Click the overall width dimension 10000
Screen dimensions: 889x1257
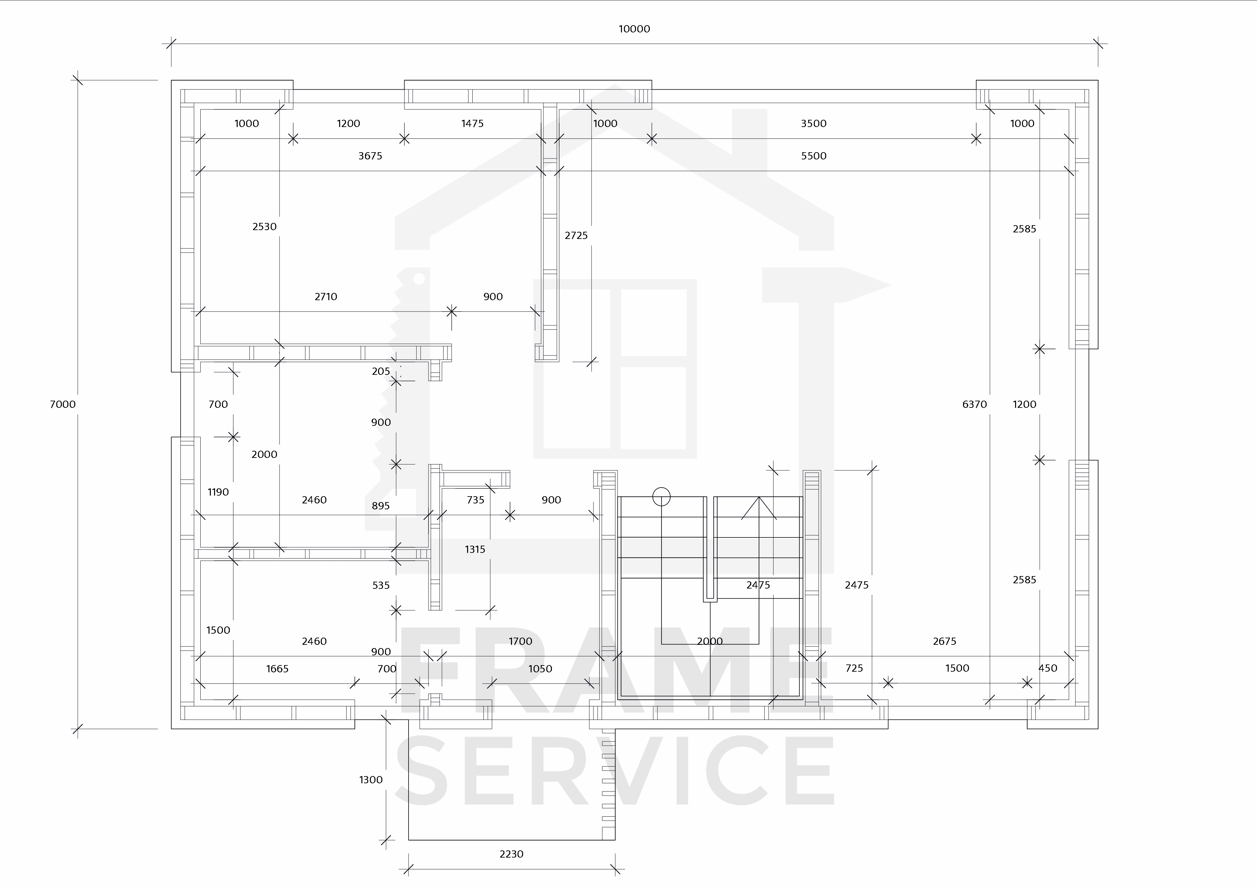click(634, 29)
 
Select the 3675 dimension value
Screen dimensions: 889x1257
click(370, 156)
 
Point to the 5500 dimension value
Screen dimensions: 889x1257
click(813, 156)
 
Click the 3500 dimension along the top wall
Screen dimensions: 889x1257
click(813, 124)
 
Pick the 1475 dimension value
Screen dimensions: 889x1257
click(472, 124)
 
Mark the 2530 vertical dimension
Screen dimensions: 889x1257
click(264, 227)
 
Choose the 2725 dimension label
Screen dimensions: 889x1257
click(576, 235)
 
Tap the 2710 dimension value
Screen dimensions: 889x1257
click(326, 297)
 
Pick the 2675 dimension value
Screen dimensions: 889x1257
click(944, 641)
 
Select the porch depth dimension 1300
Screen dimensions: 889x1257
click(371, 780)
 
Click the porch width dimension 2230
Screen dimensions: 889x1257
click(511, 854)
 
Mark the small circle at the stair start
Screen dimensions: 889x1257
click(661, 497)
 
